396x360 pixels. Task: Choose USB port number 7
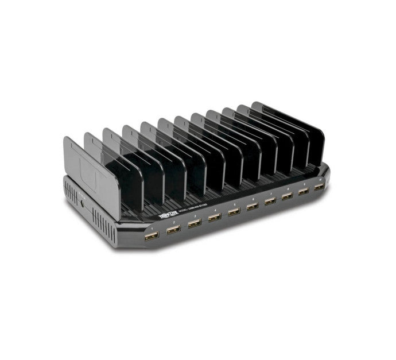click(270, 201)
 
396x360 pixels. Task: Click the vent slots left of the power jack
click(70, 193)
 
